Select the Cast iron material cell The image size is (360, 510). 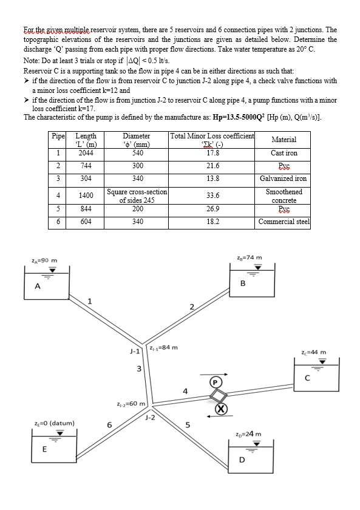[284, 153]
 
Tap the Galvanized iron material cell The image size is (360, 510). [284, 178]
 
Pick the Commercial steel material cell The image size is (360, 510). [284, 222]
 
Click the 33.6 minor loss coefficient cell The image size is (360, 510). [212, 195]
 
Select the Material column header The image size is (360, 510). [284, 140]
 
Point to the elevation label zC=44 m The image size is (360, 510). [313, 352]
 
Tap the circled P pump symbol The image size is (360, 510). [216, 382]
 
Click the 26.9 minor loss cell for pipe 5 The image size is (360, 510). [212, 209]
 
